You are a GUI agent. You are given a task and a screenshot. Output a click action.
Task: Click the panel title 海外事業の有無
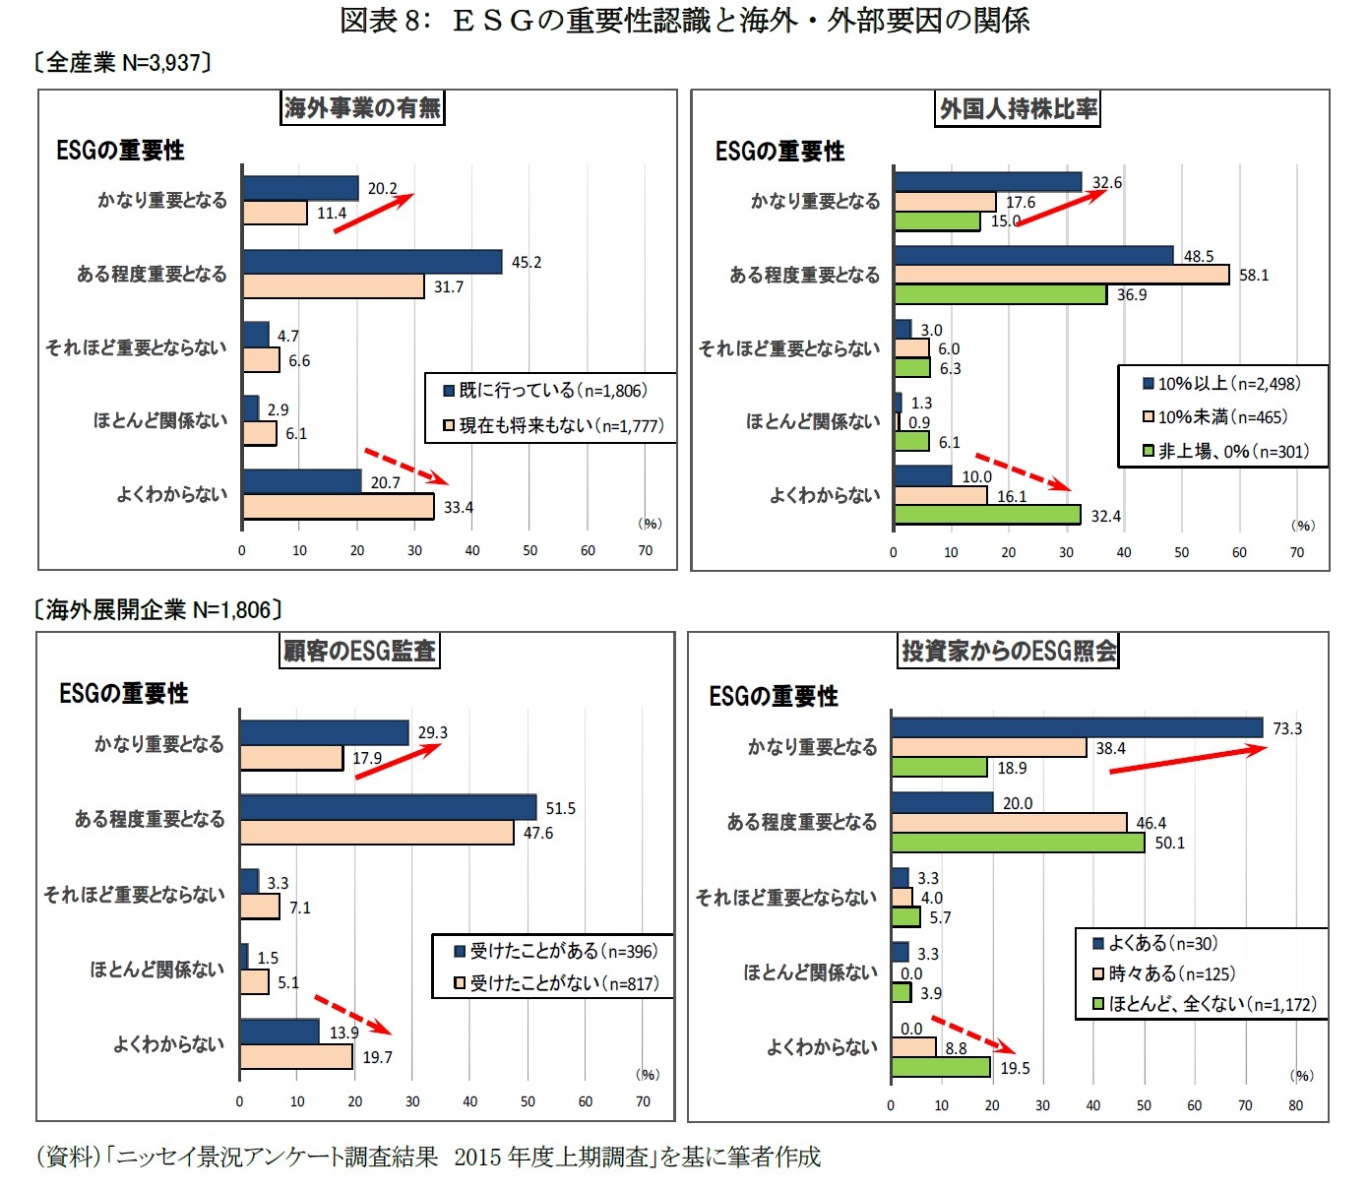point(362,107)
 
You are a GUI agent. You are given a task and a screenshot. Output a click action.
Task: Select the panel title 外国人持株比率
point(1018,109)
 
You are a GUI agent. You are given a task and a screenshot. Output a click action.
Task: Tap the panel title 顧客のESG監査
point(359,651)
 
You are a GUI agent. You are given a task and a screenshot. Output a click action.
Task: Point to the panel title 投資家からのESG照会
point(1009,651)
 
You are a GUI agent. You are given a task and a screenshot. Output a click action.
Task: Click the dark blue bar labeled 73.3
point(1076,727)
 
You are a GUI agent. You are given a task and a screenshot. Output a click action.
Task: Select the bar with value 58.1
point(1061,275)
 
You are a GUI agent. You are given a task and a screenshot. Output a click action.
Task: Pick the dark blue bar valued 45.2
point(372,262)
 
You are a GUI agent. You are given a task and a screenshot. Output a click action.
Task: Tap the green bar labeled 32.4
point(986,515)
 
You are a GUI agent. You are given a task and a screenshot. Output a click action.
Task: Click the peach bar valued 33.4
point(338,507)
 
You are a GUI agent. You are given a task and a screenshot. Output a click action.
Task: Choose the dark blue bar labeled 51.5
point(388,808)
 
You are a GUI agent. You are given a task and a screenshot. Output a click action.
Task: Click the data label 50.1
point(1169,843)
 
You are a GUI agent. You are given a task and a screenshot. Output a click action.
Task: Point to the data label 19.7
point(377,1057)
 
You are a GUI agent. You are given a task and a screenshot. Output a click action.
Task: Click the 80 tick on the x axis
point(1295,1105)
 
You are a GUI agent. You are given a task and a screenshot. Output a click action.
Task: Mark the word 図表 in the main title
point(368,21)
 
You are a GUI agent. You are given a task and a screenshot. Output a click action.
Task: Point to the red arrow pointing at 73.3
point(1187,759)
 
